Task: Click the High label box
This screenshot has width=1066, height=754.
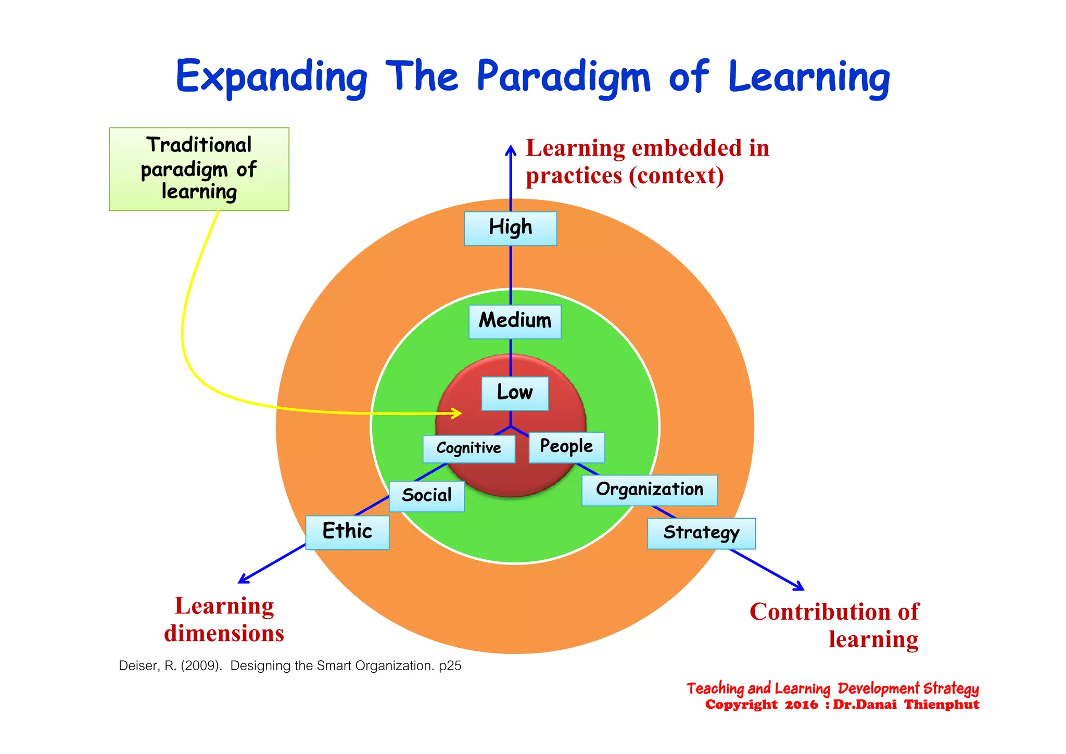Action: (x=510, y=228)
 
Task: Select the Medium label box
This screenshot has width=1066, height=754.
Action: (x=515, y=321)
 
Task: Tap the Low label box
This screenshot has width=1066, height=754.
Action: (x=514, y=393)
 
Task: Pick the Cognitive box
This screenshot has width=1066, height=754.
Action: (x=468, y=448)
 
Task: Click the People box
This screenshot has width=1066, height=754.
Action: (x=566, y=447)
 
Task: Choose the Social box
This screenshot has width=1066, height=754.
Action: (x=426, y=496)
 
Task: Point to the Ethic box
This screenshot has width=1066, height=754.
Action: (x=347, y=532)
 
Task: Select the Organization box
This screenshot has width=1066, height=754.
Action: (x=649, y=490)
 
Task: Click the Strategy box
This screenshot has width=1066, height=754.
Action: (x=701, y=533)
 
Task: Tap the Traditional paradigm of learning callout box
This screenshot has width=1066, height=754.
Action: (x=199, y=169)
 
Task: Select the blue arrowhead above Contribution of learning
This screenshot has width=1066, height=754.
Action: (x=800, y=587)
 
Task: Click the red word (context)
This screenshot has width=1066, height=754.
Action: (x=676, y=176)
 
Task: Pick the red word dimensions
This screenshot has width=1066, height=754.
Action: (x=224, y=634)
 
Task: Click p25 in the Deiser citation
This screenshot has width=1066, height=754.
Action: (x=450, y=666)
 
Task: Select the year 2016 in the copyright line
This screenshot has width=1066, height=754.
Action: (x=801, y=705)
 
